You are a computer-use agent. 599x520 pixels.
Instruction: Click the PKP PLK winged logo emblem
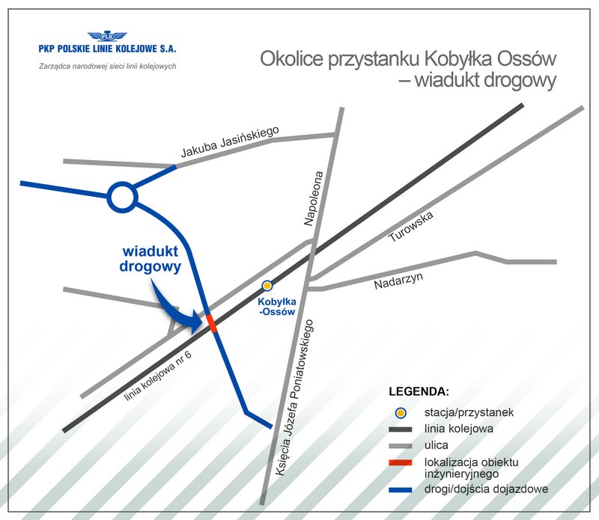(x=107, y=35)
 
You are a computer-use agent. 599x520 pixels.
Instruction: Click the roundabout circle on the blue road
(x=121, y=198)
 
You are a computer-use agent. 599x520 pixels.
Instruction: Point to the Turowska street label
(x=411, y=227)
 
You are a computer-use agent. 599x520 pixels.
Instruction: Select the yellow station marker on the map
(x=267, y=285)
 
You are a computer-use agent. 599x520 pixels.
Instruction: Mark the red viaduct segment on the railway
(x=212, y=323)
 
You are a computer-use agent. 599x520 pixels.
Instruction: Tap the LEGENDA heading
(x=419, y=391)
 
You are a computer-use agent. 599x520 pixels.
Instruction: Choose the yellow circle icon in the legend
(x=401, y=412)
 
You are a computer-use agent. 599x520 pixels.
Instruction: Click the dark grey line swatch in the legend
(x=401, y=429)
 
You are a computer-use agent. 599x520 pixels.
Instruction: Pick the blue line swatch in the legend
(x=401, y=489)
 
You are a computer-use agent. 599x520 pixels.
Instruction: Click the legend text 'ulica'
(x=435, y=444)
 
